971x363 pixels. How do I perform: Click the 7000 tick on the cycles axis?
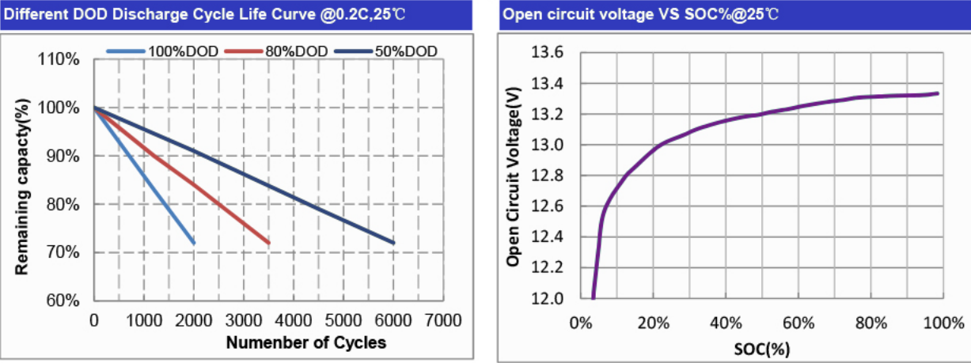(x=442, y=320)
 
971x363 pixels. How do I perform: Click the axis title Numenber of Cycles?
(x=306, y=343)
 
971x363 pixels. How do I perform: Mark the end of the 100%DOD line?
(x=193, y=243)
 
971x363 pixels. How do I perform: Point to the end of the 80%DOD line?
(x=269, y=243)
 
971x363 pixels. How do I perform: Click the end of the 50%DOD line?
(x=393, y=243)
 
